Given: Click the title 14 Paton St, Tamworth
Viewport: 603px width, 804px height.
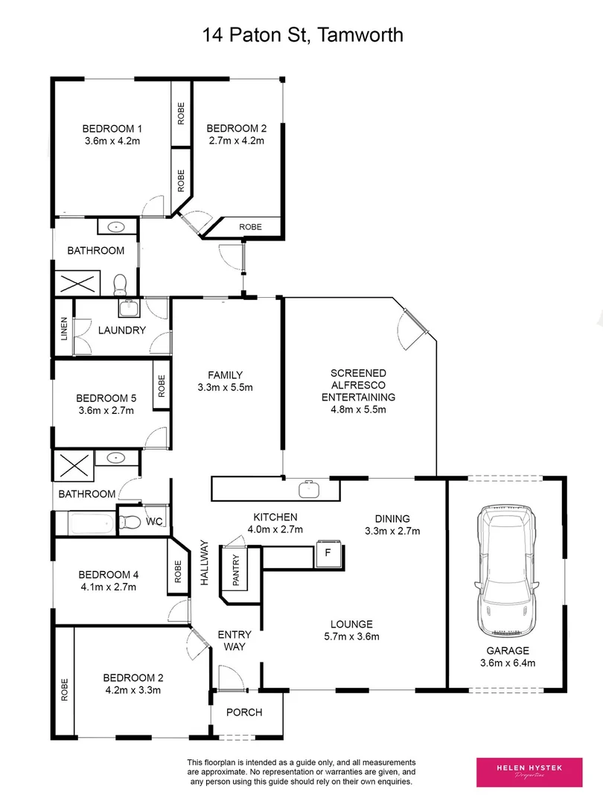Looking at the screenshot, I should tap(302, 35).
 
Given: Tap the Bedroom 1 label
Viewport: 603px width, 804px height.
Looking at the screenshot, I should tap(112, 127).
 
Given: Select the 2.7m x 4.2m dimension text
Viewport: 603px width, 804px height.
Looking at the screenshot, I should tap(236, 140).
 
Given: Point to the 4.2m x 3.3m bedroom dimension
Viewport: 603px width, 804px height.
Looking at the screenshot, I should tap(133, 690).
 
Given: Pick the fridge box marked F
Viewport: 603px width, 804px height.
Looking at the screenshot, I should tap(327, 553).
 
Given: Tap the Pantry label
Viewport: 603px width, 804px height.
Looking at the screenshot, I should tap(235, 571).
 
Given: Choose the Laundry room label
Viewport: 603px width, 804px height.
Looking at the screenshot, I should tap(122, 330).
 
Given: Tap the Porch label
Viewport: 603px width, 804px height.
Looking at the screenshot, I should tap(244, 712).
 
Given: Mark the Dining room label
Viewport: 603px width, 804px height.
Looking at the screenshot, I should tap(393, 519).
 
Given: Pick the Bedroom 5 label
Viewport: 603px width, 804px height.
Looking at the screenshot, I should tap(106, 397).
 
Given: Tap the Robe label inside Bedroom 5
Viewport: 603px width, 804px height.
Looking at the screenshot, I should tap(162, 384).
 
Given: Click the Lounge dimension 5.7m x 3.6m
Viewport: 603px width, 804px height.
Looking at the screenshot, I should tap(352, 636).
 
